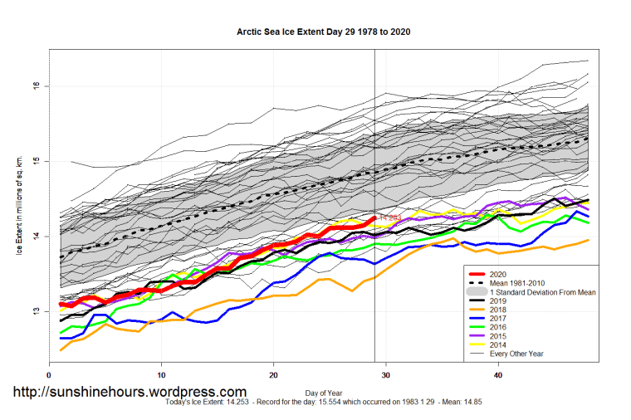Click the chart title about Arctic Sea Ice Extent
click(x=324, y=32)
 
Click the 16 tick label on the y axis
click(x=37, y=86)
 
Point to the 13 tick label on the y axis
click(x=37, y=311)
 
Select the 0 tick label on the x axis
click(x=51, y=376)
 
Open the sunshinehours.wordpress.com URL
click(x=129, y=392)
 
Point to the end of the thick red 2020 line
click(x=374, y=218)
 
